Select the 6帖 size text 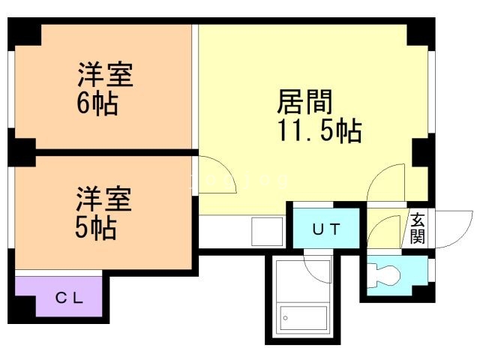pos(97,103)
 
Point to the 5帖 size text pos(95,227)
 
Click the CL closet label pos(68,297)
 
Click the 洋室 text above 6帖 pos(106,76)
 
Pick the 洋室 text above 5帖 pos(103,200)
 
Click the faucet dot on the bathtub pos(286,319)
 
